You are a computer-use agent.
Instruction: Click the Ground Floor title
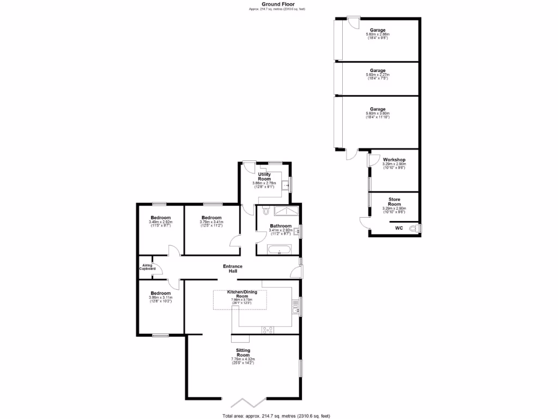[x=278, y=4]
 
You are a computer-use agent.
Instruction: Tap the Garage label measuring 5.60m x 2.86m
[x=378, y=30]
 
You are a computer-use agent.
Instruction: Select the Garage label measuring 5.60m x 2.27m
[x=378, y=70]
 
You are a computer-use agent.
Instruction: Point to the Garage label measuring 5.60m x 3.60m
[x=378, y=109]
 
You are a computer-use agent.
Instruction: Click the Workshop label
[x=394, y=160]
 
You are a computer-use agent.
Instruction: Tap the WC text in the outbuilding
[x=398, y=228]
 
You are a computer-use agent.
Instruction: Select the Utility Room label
[x=264, y=177]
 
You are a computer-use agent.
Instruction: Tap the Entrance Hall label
[x=233, y=268]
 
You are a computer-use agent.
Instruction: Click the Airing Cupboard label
[x=147, y=267]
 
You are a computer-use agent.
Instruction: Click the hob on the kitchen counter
[x=268, y=329]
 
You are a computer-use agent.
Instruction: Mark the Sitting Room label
[x=243, y=352]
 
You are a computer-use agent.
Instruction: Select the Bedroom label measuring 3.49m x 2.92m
[x=160, y=218]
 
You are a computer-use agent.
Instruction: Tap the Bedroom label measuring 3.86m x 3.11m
[x=160, y=293]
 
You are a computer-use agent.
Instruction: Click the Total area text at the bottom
[x=276, y=416]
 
